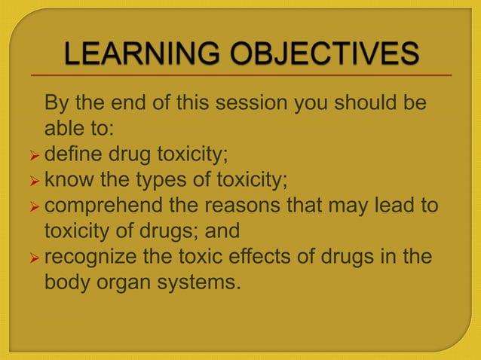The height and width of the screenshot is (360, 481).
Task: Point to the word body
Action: pyautogui.click(x=66, y=283)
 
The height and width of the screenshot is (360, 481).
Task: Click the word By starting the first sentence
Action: pyautogui.click(x=57, y=102)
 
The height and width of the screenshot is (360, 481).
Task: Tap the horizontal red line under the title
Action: pyautogui.click(x=241, y=76)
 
